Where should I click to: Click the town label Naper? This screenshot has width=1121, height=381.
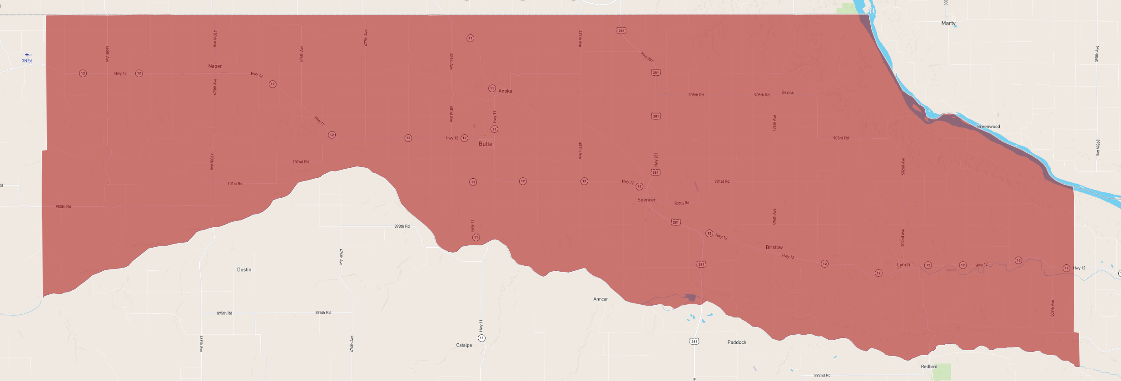(215, 66)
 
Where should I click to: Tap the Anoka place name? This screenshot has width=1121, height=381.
(505, 91)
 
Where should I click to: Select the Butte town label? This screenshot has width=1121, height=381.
(485, 144)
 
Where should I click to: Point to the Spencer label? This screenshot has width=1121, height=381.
(646, 200)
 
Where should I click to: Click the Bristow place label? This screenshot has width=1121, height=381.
(774, 248)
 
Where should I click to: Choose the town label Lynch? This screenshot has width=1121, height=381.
(903, 265)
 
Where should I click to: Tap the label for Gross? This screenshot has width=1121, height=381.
(788, 93)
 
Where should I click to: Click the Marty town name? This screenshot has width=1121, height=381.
(948, 23)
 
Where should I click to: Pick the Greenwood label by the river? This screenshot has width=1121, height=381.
(988, 127)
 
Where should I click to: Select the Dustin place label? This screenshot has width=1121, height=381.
(244, 270)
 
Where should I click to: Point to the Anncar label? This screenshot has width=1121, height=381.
(600, 299)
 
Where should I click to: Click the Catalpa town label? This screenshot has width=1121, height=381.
(464, 345)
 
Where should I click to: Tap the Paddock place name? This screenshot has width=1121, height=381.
(737, 342)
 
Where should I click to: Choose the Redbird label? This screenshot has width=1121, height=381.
(929, 366)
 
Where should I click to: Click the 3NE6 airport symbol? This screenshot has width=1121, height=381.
(27, 55)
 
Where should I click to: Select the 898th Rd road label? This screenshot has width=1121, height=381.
(402, 226)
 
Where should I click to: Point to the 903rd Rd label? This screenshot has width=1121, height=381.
(841, 138)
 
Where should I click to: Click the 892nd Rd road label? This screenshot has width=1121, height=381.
(822, 376)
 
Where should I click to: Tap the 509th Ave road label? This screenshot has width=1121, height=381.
(1052, 308)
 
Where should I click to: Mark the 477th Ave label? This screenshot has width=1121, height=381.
(366, 38)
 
